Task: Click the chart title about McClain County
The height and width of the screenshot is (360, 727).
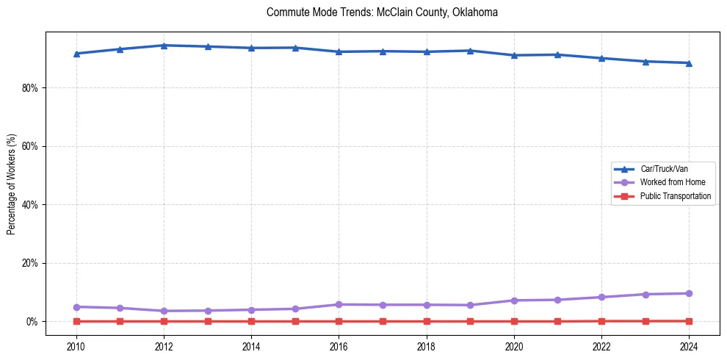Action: click(x=383, y=12)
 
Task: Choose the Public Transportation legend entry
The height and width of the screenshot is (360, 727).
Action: click(x=675, y=196)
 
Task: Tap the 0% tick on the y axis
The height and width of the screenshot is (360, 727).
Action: click(x=32, y=321)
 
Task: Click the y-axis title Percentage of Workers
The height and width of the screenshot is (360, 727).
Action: click(x=11, y=184)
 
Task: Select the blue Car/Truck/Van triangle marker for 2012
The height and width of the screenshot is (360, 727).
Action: click(x=164, y=46)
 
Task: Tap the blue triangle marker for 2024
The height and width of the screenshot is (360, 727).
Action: click(x=689, y=63)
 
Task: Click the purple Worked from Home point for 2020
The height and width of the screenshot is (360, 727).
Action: click(x=514, y=300)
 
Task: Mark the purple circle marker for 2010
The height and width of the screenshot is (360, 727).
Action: click(x=76, y=306)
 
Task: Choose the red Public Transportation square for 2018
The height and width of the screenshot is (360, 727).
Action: click(x=427, y=321)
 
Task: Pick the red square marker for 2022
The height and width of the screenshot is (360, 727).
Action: click(x=601, y=321)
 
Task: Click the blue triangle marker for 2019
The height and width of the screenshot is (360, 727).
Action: click(x=470, y=51)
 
